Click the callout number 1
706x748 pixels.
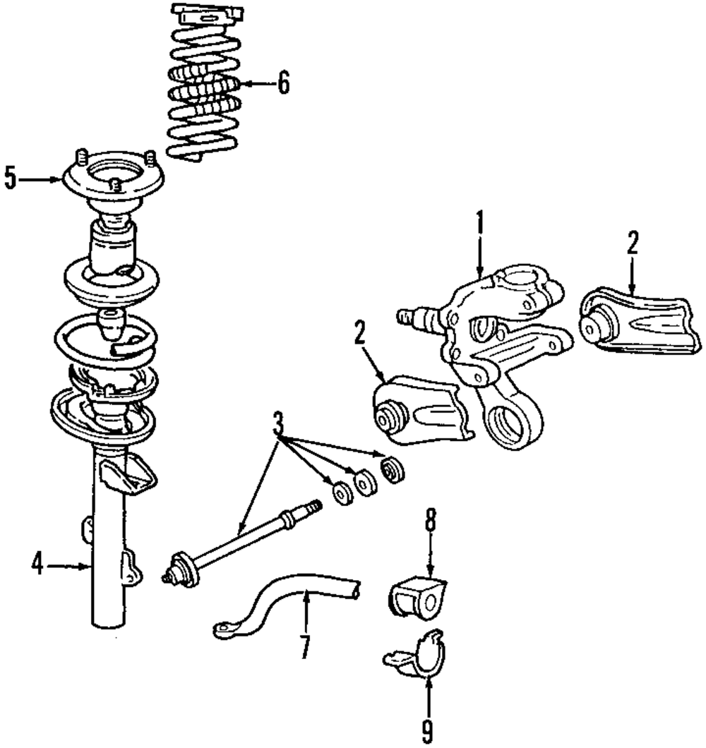[x=479, y=224]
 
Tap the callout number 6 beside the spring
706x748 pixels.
[x=282, y=83]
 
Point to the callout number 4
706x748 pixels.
[x=37, y=565]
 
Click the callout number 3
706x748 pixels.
[x=278, y=425]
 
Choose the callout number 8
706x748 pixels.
[x=430, y=523]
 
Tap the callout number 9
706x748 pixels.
[x=427, y=730]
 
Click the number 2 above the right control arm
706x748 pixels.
[x=632, y=243]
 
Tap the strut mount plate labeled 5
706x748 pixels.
[x=113, y=180]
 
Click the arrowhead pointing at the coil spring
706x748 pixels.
[x=243, y=84]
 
